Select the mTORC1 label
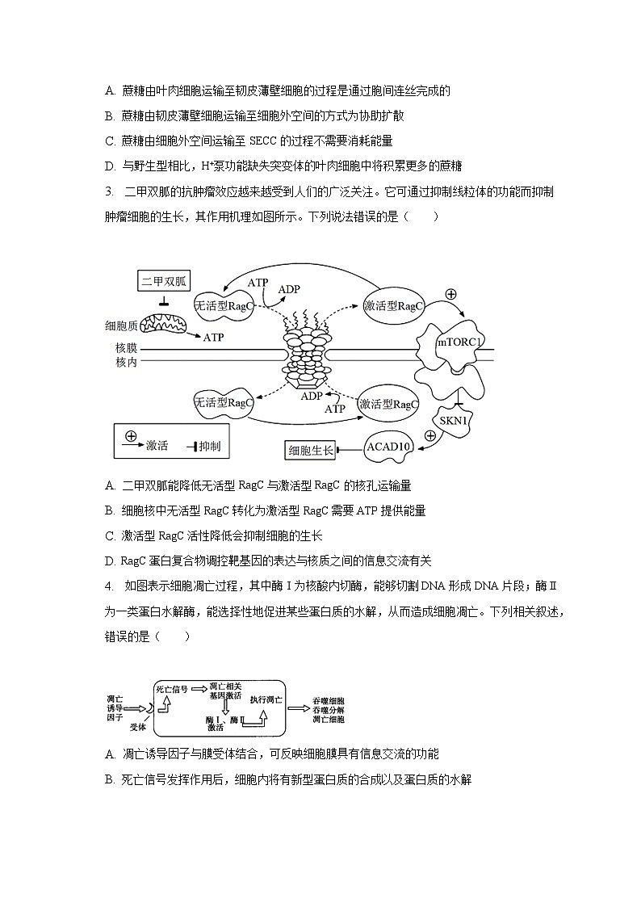460,342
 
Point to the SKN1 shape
455,421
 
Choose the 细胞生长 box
311,450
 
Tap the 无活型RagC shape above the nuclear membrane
224,306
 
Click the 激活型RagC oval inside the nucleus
389,404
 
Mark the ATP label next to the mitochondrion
213,337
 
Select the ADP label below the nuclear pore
312,396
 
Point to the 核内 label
126,363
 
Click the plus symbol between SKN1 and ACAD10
429,435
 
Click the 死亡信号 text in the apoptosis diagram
172,689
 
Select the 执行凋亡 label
266,699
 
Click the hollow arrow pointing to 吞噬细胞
296,708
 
